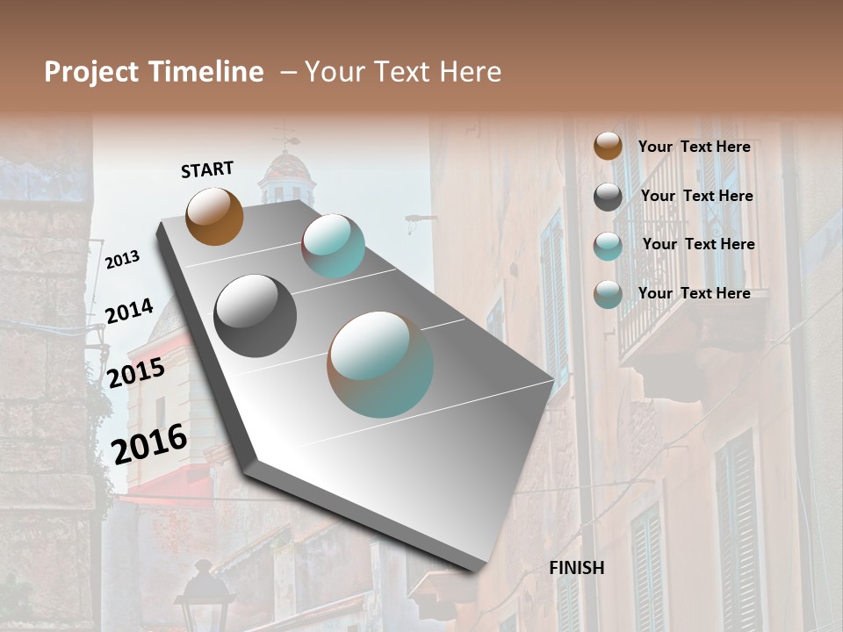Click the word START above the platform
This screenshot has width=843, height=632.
(x=207, y=169)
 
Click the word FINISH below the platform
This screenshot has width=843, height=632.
(x=577, y=568)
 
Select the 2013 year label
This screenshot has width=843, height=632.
(x=122, y=260)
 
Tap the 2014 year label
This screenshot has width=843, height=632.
(x=129, y=312)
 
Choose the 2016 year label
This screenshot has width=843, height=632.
(x=149, y=443)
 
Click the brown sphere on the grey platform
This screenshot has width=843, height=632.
(x=214, y=216)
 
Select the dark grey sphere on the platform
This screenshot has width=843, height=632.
(x=255, y=315)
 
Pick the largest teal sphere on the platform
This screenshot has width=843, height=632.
(x=380, y=363)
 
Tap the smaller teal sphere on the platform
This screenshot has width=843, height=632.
(x=334, y=246)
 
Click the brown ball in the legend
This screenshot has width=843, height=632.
(x=608, y=146)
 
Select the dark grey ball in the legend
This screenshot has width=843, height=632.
(x=608, y=197)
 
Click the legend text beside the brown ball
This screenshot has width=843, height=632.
(x=694, y=147)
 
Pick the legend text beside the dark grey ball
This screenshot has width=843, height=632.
(x=697, y=196)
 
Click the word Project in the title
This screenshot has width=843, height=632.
(x=92, y=72)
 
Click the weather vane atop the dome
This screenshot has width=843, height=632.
(x=285, y=136)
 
